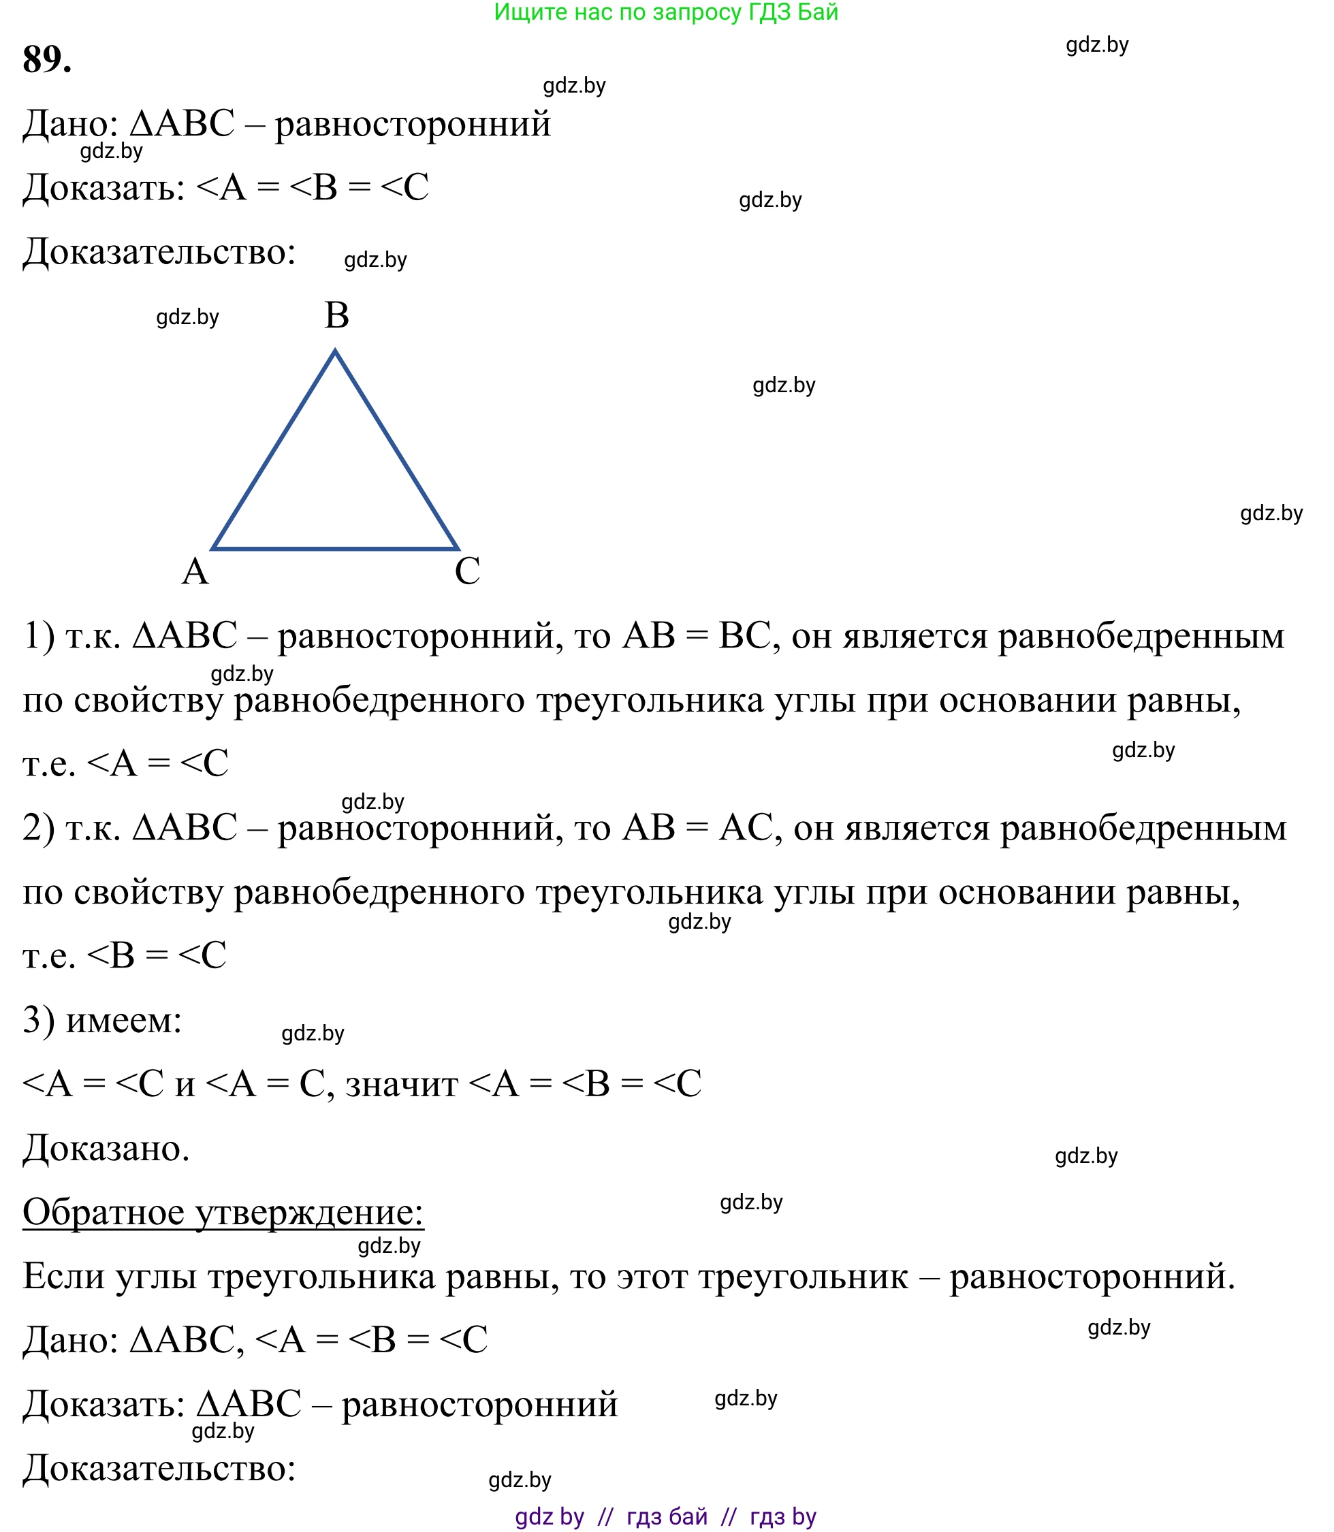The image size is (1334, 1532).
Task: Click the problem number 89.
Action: tap(47, 59)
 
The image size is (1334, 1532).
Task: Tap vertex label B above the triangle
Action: tap(336, 316)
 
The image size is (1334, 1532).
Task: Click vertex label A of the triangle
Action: tap(195, 573)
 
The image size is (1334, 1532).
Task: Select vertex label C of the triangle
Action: tap(466, 573)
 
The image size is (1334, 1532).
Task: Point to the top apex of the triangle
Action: tap(335, 351)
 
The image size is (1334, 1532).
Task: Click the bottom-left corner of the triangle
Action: tap(214, 549)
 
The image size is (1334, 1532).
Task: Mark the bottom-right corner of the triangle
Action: tap(457, 549)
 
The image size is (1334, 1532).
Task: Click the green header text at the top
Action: tap(665, 12)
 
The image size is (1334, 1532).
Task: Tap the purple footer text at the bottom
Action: tap(665, 1516)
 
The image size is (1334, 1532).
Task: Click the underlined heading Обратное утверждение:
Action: tap(223, 1213)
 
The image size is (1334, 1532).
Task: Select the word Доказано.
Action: tap(106, 1149)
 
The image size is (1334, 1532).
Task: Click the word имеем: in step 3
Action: tap(123, 1021)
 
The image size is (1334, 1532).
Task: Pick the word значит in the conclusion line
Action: tap(401, 1085)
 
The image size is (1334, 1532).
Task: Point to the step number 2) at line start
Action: tap(39, 829)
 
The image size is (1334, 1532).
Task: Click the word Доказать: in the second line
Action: tap(104, 188)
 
